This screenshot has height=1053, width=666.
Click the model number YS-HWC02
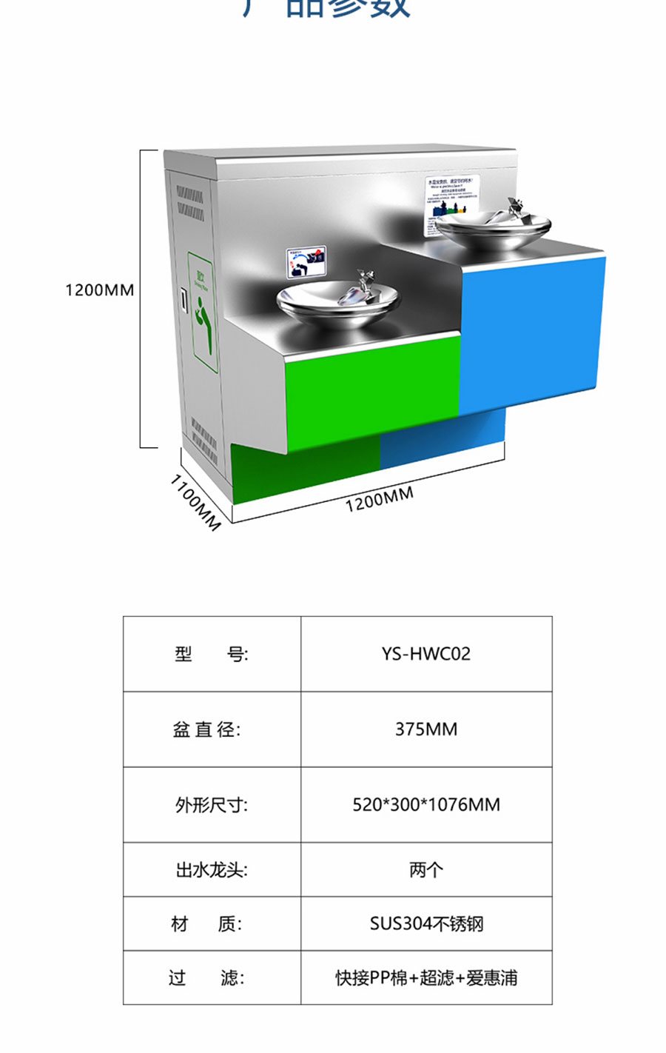[x=425, y=654]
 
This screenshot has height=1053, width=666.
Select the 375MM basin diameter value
[x=425, y=729]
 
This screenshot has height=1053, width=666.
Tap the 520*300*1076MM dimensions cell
[x=425, y=804]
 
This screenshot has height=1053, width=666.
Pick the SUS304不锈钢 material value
[x=425, y=923]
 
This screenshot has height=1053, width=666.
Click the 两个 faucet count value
[x=425, y=869]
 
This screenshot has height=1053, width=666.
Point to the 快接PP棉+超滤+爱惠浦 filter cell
[x=425, y=977]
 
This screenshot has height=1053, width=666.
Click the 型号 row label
[x=211, y=654]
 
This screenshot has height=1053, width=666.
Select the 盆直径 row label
[x=206, y=729]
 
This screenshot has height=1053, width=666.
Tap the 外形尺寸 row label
[x=211, y=804]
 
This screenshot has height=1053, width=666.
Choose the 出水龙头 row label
[x=211, y=869]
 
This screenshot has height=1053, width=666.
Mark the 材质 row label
[x=206, y=923]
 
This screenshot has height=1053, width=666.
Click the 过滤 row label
[x=206, y=977]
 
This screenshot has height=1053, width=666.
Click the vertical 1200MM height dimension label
[x=99, y=290]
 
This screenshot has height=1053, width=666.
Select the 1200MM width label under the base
[x=379, y=500]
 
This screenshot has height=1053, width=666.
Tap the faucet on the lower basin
[x=362, y=285]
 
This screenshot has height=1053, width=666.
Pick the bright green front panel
[x=370, y=391]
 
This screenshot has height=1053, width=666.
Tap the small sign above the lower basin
[x=306, y=261]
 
